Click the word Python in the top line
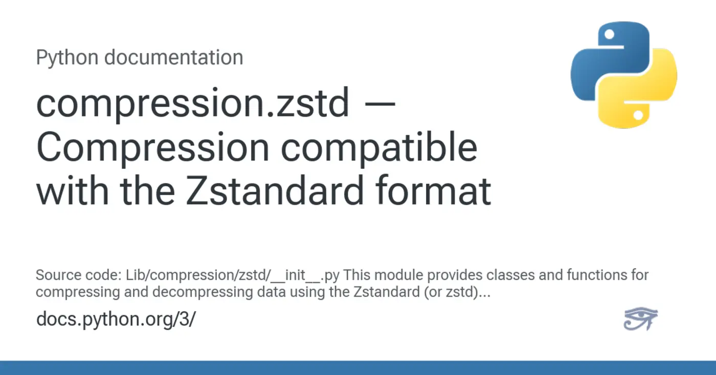point(68,58)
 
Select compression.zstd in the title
point(193,104)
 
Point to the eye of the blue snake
point(609,35)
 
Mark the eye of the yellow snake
point(638,116)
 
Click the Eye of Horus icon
point(640,319)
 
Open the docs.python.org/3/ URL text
point(116,319)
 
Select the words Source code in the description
point(78,275)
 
